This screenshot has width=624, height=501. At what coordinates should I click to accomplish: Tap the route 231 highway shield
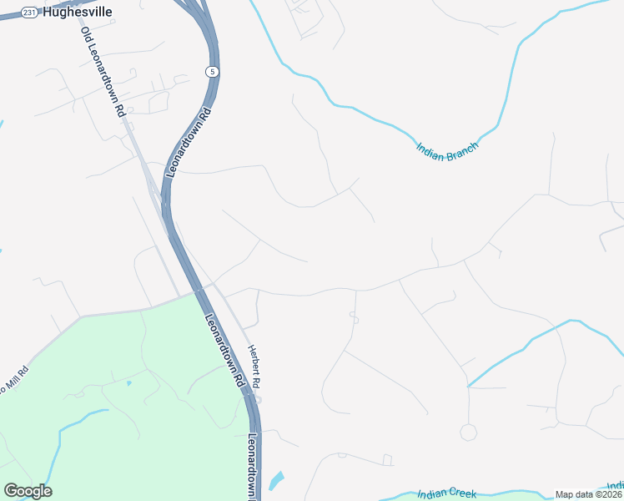tap(29, 13)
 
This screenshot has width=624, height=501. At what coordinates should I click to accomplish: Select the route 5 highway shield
tap(214, 73)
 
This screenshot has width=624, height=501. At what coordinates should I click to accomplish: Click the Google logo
tap(28, 491)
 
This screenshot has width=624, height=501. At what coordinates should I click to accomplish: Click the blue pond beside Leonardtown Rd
tap(276, 480)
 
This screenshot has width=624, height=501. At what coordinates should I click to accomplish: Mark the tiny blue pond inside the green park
tap(128, 383)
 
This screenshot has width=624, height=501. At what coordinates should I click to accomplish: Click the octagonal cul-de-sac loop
tap(468, 432)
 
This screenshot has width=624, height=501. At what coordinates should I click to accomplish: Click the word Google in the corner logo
tap(28, 491)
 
